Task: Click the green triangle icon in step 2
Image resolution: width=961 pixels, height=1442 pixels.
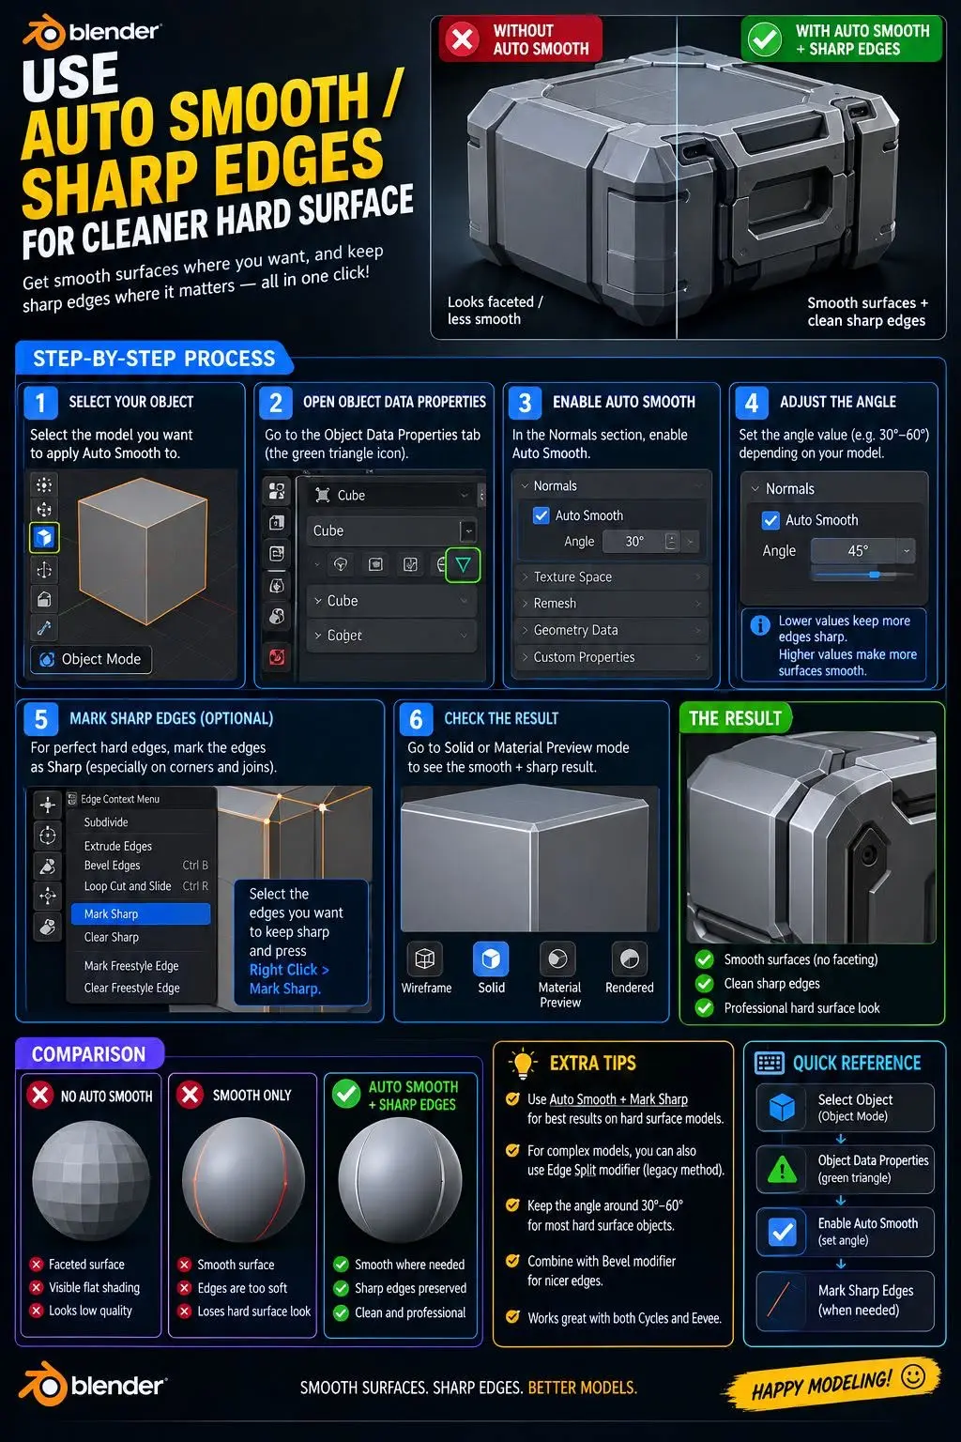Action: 463,564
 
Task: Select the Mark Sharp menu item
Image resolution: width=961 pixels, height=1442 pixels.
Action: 141,913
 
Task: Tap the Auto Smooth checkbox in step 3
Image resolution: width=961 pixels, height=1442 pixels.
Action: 541,515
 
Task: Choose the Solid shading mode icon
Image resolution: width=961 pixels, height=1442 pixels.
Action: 491,959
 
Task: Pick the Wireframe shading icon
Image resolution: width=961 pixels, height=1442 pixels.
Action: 425,959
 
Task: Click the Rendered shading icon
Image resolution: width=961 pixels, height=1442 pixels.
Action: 629,959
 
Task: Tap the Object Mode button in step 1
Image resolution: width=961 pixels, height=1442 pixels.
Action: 91,659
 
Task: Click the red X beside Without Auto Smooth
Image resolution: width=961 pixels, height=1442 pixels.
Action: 462,39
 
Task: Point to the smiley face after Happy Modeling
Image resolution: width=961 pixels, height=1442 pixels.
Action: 913,1376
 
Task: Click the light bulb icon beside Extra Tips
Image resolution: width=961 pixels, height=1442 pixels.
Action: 523,1063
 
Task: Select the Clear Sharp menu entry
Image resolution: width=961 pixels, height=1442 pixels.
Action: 112,937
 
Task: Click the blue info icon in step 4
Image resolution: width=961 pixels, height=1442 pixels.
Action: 760,625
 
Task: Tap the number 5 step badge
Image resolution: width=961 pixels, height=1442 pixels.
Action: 40,719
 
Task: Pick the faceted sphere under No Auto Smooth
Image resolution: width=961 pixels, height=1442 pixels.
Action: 91,1179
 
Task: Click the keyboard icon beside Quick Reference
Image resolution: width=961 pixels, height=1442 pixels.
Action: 769,1063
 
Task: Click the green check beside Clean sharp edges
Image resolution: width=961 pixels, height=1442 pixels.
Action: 704,984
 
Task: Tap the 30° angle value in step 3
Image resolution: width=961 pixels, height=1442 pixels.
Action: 634,542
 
